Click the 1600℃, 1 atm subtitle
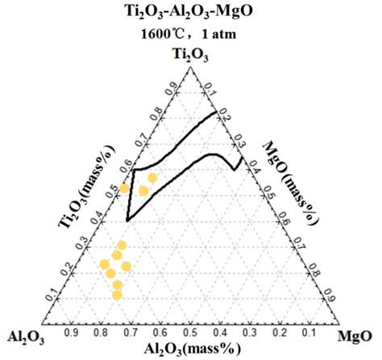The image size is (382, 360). [x=190, y=35]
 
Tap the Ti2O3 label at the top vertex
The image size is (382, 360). [x=191, y=55]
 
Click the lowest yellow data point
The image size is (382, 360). [x=117, y=295]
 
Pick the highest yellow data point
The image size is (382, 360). [x=152, y=177]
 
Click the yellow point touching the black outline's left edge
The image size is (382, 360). [x=124, y=188]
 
